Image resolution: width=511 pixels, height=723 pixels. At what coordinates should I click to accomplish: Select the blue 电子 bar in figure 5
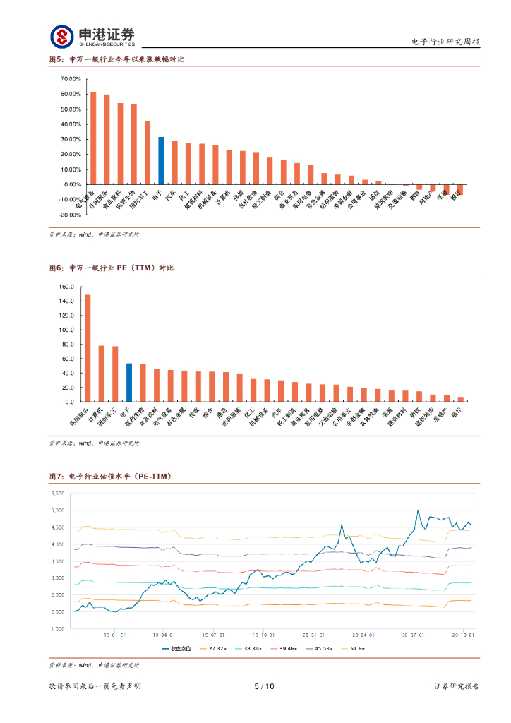click(x=161, y=160)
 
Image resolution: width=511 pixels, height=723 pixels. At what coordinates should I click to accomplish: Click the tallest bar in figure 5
click(x=93, y=138)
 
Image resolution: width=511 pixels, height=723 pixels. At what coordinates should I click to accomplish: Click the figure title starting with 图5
click(x=116, y=59)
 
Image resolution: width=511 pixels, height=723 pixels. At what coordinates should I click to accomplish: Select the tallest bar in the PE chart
click(x=88, y=348)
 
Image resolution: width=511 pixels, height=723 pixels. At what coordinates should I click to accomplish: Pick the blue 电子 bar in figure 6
click(x=129, y=383)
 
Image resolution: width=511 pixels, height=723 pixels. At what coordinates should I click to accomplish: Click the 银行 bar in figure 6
click(x=461, y=399)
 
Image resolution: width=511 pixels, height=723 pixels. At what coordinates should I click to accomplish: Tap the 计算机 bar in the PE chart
click(x=102, y=374)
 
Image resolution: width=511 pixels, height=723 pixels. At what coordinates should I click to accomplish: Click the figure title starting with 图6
click(x=111, y=268)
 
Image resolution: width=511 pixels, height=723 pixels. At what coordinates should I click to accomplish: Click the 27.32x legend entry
click(x=215, y=648)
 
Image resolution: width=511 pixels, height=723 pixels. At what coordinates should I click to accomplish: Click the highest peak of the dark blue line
click(x=419, y=510)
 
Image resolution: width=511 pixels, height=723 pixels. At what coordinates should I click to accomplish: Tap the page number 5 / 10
click(x=263, y=686)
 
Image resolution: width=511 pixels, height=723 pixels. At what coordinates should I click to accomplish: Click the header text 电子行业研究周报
click(x=445, y=42)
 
